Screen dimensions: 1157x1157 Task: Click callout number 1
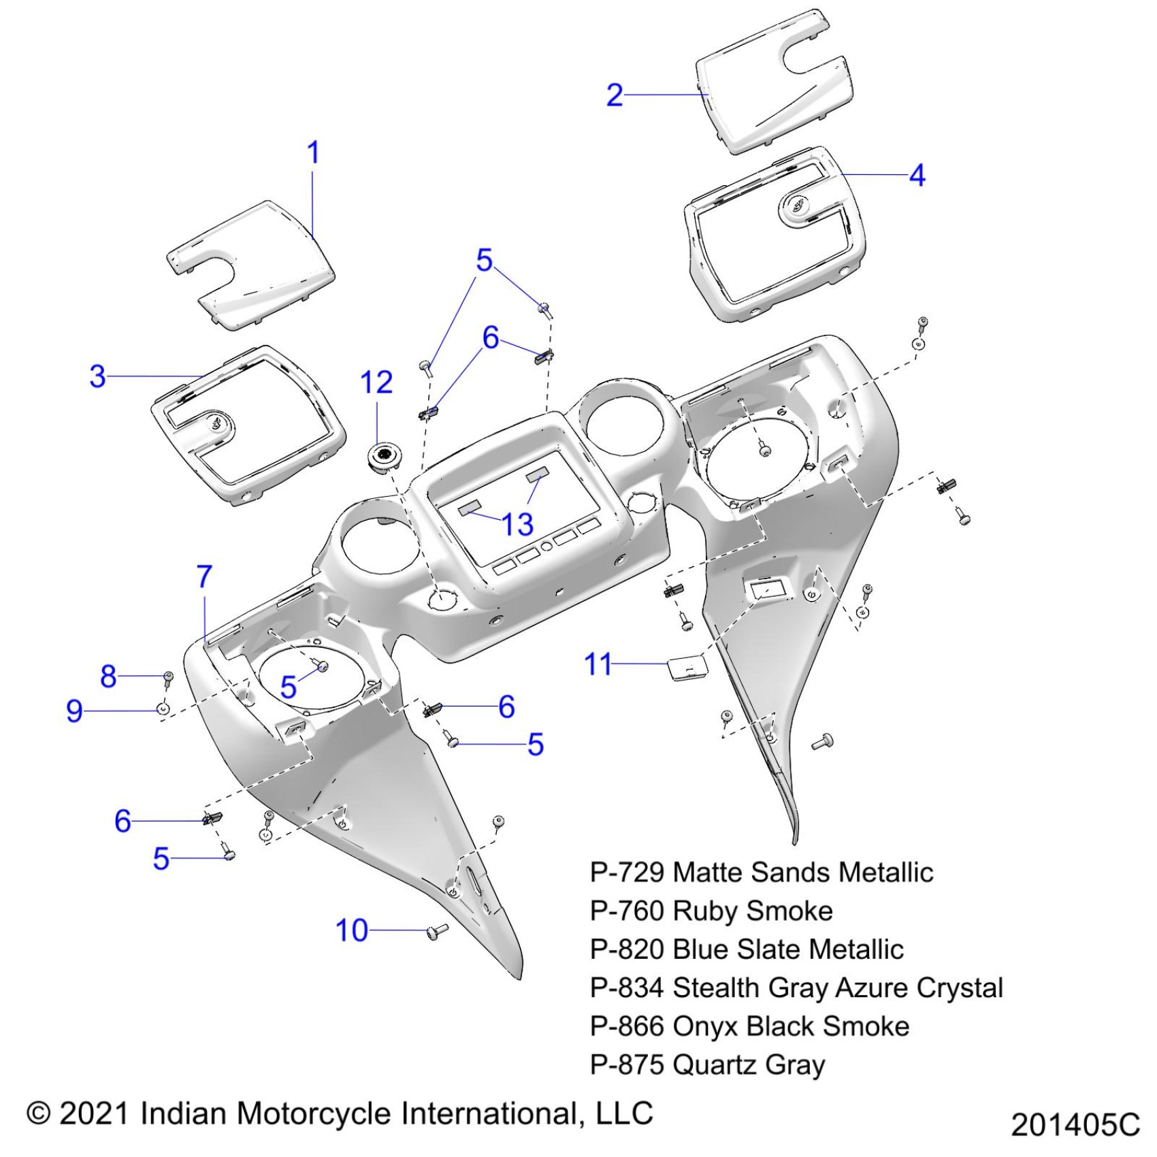(x=313, y=152)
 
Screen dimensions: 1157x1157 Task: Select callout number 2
(x=615, y=95)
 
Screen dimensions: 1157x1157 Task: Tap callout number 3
(x=98, y=376)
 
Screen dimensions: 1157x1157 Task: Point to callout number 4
(x=917, y=176)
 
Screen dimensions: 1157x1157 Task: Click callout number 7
(x=204, y=577)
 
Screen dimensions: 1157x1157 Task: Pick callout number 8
(x=108, y=677)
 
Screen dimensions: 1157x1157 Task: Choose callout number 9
(x=74, y=711)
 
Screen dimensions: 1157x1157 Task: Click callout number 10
(x=352, y=930)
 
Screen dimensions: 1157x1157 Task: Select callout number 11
(x=598, y=664)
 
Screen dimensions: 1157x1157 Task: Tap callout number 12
(x=376, y=382)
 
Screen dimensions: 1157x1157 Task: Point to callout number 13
(x=517, y=525)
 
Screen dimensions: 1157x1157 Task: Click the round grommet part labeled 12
(x=385, y=455)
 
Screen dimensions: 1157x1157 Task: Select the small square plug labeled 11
(x=685, y=667)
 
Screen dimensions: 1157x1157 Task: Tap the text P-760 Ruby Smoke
(x=711, y=911)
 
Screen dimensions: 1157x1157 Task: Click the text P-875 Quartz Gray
(x=707, y=1064)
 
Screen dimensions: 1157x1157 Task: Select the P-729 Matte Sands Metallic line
(x=761, y=873)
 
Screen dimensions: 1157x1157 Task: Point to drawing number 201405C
(x=1075, y=1124)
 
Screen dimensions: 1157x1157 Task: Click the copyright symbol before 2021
(x=39, y=1113)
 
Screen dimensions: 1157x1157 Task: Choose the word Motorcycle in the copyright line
(x=315, y=1113)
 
